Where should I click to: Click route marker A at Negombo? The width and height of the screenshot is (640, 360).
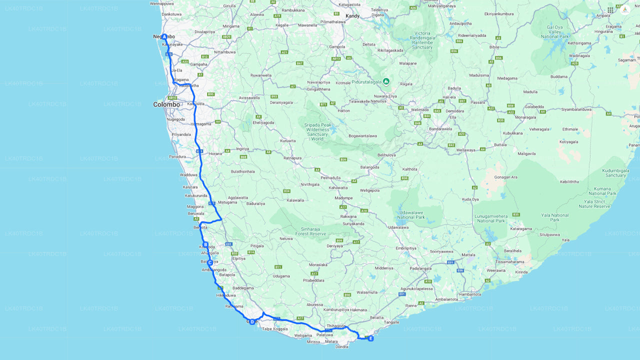click(x=164, y=36)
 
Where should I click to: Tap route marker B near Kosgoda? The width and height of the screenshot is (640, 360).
click(x=205, y=244)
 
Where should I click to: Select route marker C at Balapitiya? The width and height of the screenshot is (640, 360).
click(x=210, y=262)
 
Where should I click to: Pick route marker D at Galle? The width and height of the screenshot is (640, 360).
click(x=252, y=321)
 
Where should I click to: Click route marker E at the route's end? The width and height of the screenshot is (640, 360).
click(x=370, y=338)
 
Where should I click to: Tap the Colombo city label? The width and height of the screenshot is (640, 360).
click(x=166, y=104)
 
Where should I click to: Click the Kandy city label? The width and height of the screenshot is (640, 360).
click(x=352, y=16)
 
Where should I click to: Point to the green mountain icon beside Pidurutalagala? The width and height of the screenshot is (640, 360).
click(x=386, y=81)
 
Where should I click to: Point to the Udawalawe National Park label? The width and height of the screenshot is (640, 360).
click(x=410, y=215)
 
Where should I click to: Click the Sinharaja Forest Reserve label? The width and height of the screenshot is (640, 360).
click(x=310, y=231)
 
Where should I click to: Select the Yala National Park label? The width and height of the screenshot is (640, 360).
click(x=554, y=217)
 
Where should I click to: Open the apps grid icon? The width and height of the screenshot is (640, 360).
click(x=610, y=10)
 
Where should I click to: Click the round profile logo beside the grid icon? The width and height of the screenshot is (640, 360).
click(x=624, y=9)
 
